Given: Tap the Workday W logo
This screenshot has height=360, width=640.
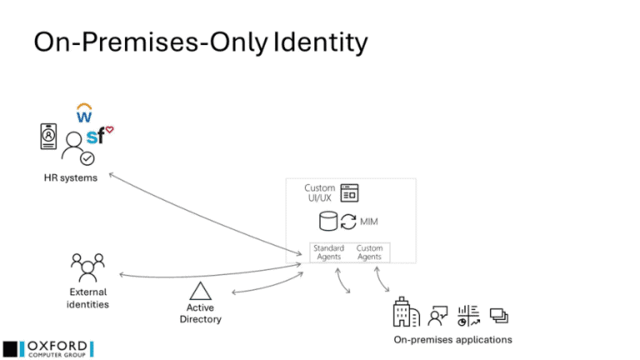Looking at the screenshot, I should (x=84, y=112).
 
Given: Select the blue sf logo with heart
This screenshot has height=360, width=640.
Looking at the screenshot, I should (x=97, y=136).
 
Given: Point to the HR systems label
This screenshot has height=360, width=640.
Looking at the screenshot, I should (x=71, y=177).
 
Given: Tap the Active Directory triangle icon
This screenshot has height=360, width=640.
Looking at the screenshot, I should (x=200, y=291).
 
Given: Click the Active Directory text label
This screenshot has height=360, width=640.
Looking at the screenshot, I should (x=200, y=313).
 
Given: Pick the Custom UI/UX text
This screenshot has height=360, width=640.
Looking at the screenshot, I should (x=320, y=193).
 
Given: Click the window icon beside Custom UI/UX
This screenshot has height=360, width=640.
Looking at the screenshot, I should (x=349, y=192).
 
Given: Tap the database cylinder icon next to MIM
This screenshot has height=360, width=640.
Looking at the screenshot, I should (x=328, y=222).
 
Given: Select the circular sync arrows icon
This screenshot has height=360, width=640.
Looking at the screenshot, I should (x=348, y=222).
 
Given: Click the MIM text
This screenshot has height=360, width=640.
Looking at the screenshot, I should (x=369, y=222).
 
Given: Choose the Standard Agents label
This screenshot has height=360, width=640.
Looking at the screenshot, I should (x=327, y=252).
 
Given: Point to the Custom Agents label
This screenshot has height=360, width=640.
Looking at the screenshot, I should (x=369, y=252).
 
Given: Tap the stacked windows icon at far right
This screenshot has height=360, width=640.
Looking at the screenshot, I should (x=499, y=315).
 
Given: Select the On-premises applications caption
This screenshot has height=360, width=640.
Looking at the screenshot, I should (x=452, y=339).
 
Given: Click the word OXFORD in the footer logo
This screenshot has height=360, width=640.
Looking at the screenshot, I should (x=57, y=344).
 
